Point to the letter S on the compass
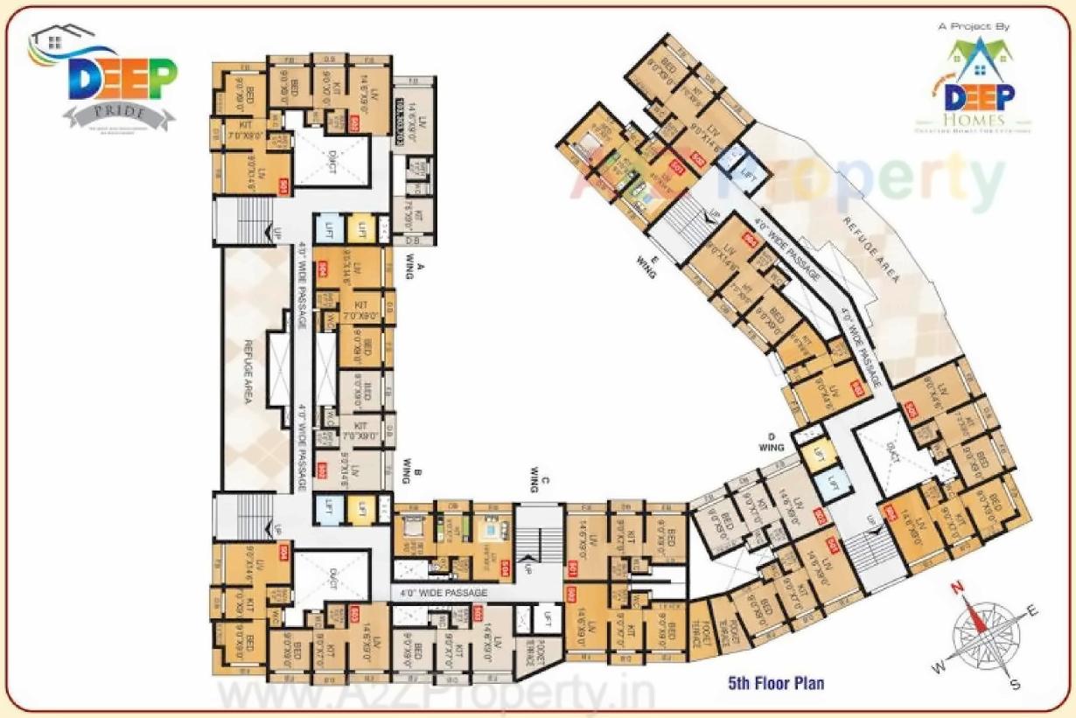pos(1015,683)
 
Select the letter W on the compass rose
pos(939,668)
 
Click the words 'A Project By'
pos(974,26)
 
